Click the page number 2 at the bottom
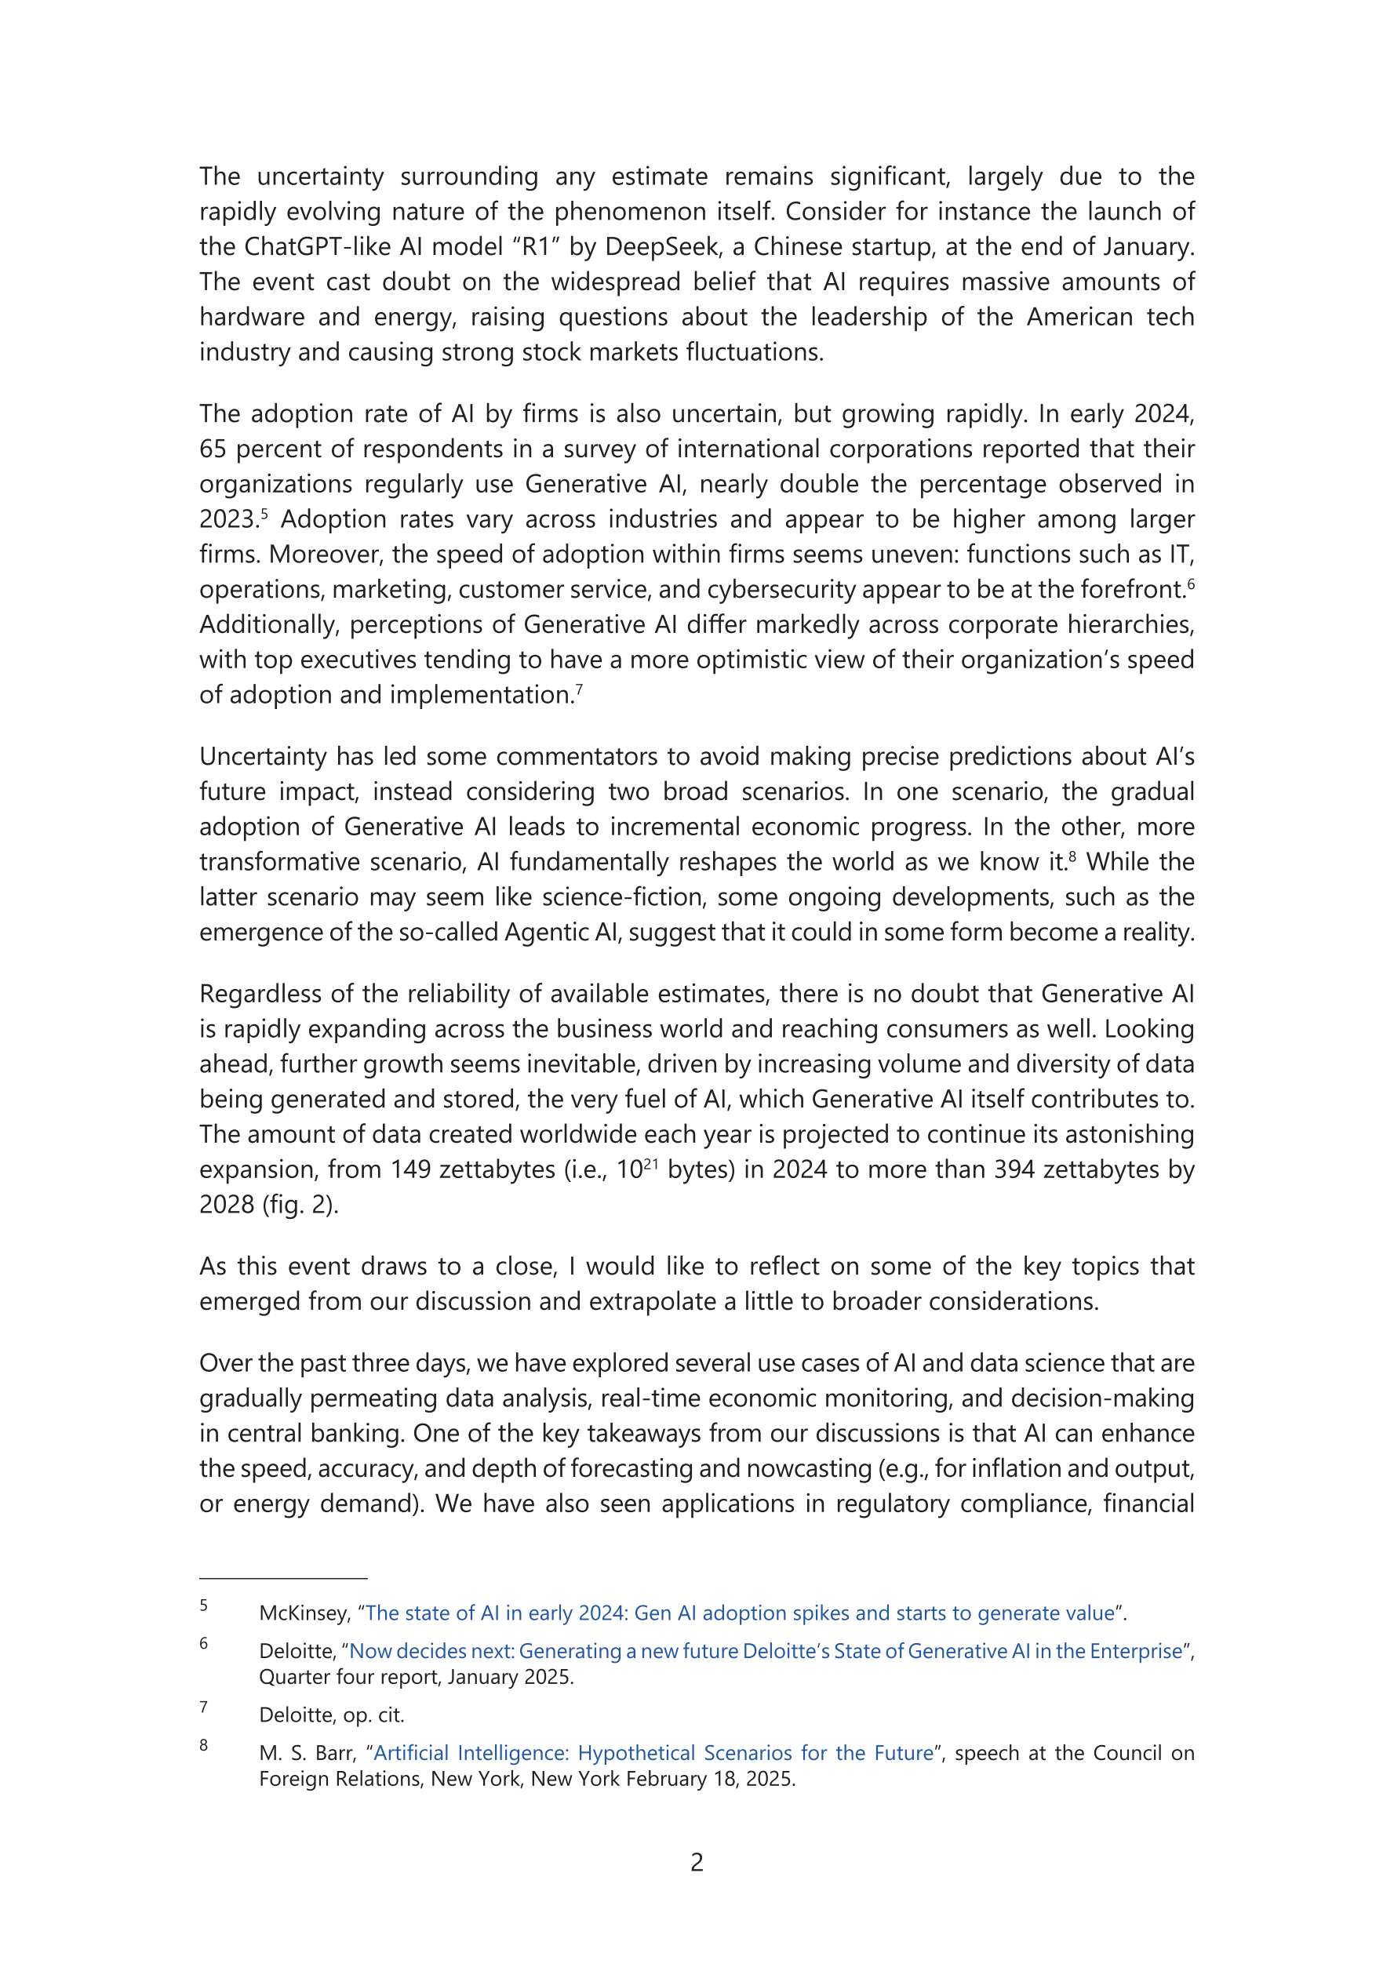point(697,1862)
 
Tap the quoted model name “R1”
point(535,246)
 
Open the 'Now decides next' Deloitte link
point(766,1651)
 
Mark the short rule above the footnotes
point(283,1578)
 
